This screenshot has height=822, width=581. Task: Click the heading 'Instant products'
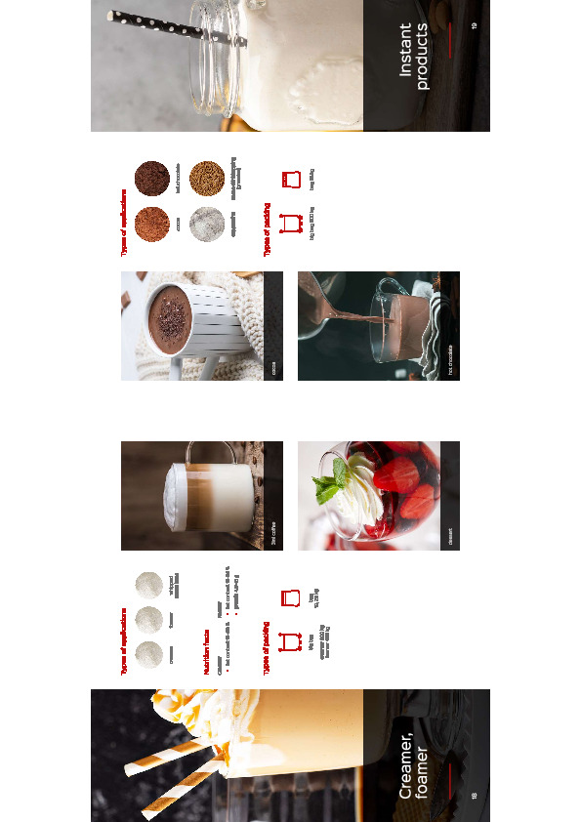415,57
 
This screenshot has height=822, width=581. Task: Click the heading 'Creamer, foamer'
415,756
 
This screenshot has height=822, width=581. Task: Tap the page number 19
473,25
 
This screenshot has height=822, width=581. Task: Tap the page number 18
473,796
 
